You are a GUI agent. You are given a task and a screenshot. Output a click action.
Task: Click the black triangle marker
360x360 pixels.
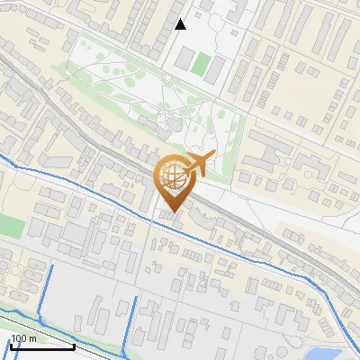pos(181,24)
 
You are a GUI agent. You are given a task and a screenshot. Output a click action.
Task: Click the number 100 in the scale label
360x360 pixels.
pos(20,338)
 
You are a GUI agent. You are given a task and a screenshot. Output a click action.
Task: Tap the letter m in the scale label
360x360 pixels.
pos(33,338)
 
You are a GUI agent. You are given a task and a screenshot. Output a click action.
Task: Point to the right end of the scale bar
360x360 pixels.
pos(73,345)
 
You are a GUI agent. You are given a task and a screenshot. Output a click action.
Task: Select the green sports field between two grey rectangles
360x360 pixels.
pos(202,64)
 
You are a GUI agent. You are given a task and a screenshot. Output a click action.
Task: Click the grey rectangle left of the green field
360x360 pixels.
pos(184,60)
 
